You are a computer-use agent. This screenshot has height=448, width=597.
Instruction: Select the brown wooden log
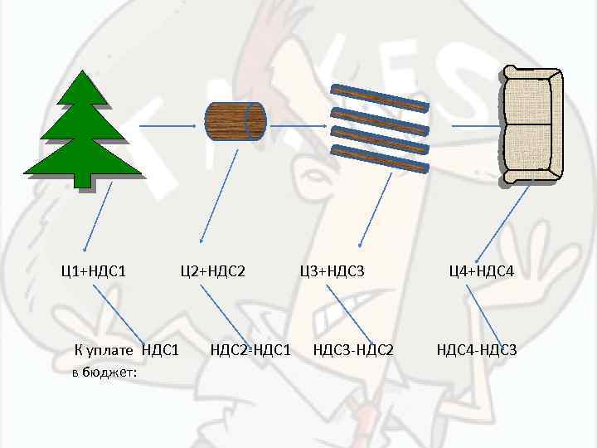[x=231, y=121]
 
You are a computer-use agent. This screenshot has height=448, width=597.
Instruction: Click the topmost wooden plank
[x=380, y=98]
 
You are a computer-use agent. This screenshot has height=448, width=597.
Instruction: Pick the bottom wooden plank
[x=379, y=159]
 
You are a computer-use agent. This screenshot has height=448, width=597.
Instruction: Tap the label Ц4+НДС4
[x=481, y=270]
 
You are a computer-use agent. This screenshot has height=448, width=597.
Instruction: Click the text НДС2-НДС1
[x=250, y=349]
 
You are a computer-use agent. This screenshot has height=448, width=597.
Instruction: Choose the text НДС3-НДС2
[x=353, y=349]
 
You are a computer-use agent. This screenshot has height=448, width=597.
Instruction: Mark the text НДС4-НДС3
[x=477, y=349]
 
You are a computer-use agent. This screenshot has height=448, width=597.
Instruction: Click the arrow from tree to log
[x=168, y=125]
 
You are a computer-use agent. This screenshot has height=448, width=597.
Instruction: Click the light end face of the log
[x=258, y=121]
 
